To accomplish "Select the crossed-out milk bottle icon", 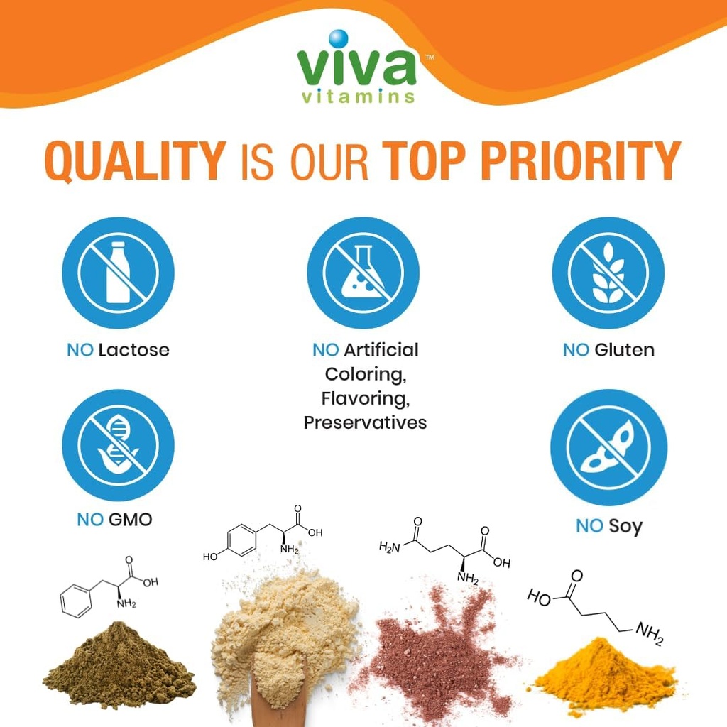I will tap(118, 273).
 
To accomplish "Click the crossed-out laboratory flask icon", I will tap(363, 273).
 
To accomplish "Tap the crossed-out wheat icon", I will tap(608, 273).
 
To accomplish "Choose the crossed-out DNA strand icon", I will tap(118, 444).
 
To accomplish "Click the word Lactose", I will tap(133, 350).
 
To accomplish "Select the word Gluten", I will tap(624, 350).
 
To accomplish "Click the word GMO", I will tap(130, 520).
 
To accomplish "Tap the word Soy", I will tap(625, 526).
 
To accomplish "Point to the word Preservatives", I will tap(365, 423).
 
